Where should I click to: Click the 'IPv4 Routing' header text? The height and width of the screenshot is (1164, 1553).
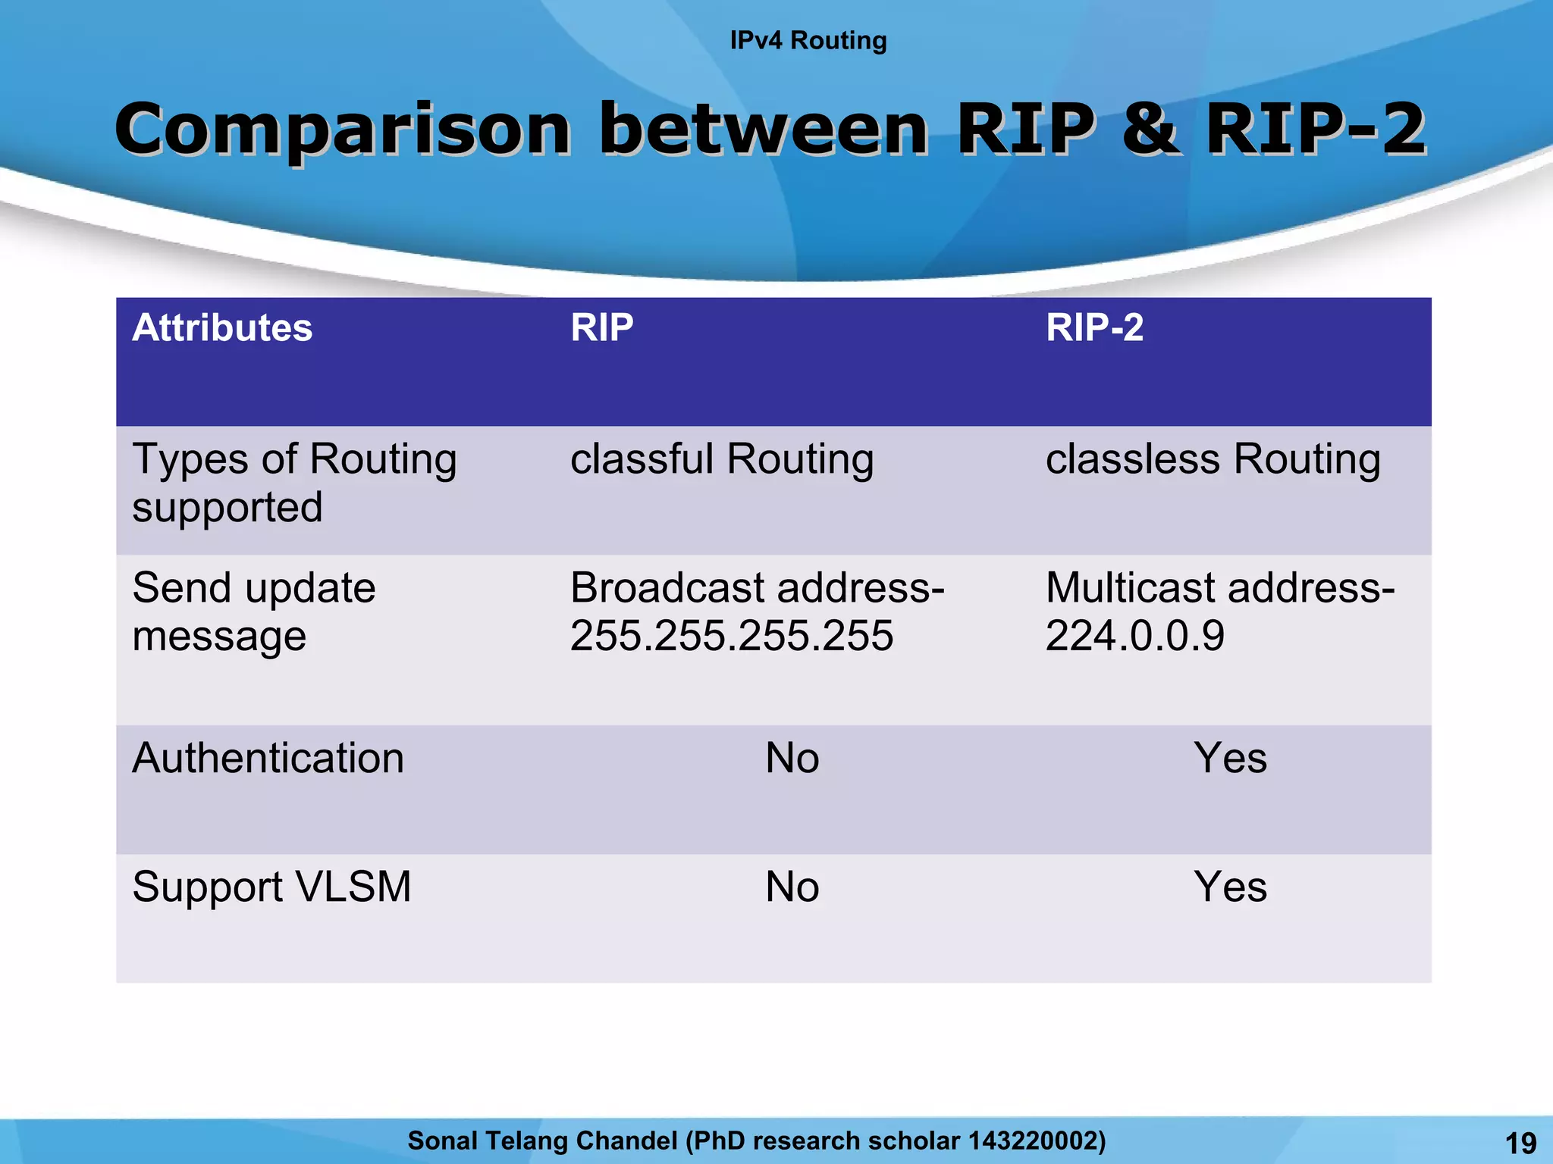(808, 40)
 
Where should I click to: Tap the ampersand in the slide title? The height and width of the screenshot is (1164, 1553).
(1150, 128)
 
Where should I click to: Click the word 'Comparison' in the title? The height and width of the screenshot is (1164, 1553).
(342, 130)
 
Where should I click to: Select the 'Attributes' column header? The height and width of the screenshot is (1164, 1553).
(222, 328)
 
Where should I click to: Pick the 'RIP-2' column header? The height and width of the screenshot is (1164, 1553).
(1094, 328)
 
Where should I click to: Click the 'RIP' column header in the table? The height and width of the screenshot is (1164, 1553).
(601, 328)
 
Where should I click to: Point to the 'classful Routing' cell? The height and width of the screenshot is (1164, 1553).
(721, 459)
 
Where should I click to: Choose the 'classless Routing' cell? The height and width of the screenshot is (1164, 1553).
(1213, 459)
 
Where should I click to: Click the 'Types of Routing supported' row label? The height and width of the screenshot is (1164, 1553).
(294, 483)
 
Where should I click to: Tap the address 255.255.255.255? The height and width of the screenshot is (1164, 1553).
(731, 635)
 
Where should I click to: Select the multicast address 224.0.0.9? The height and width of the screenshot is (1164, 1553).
(1134, 635)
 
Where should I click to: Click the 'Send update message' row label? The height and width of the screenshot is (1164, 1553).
(253, 611)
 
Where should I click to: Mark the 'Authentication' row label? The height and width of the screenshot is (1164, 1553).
(268, 758)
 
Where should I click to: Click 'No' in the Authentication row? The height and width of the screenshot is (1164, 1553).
(792, 758)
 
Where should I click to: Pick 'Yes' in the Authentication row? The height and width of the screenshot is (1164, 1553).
(1230, 758)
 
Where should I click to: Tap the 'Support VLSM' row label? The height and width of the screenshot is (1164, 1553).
(271, 887)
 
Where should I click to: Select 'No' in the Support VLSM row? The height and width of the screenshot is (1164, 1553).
(792, 887)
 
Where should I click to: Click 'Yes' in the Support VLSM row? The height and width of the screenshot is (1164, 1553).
(1230, 887)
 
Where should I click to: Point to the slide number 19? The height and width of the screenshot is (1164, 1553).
(1520, 1143)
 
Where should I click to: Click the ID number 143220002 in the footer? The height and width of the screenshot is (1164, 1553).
(1032, 1141)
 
